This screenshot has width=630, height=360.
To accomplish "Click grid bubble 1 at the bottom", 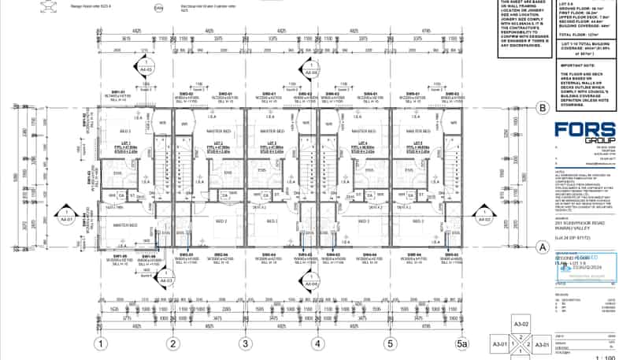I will (101, 343).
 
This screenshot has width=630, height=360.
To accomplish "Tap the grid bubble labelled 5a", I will (462, 343).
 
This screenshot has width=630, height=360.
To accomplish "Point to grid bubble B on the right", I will (542, 109).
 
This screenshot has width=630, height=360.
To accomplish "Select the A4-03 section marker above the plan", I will (146, 68).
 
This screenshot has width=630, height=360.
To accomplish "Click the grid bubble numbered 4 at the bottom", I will (317, 343).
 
